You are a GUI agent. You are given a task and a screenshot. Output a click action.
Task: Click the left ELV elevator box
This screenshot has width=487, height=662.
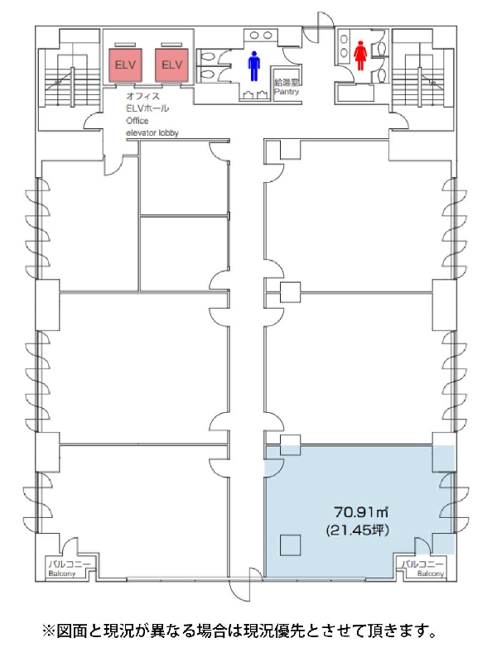tap(125, 65)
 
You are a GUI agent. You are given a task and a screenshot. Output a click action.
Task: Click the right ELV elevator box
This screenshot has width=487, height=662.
tap(171, 65)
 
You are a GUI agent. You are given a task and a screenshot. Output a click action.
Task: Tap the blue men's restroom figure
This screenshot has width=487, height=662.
tap(253, 66)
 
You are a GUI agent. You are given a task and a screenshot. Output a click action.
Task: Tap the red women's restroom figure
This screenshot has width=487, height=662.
tap(359, 55)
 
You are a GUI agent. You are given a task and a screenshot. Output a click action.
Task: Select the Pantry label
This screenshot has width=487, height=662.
tap(287, 91)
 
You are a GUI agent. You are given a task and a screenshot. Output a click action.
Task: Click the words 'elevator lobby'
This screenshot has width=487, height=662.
tap(152, 133)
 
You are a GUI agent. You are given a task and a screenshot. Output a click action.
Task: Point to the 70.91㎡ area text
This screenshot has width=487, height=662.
tap(361, 512)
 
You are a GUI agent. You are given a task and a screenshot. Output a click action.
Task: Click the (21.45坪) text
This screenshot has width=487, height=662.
tap(358, 530)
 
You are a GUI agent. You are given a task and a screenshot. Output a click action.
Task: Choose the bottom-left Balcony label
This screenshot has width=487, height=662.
tap(62, 573)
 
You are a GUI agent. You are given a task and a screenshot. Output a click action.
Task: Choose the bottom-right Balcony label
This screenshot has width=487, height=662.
tap(431, 573)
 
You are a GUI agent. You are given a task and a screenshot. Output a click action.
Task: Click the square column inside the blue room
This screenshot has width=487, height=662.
tap(290, 545)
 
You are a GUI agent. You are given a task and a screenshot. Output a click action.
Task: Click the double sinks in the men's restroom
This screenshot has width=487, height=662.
tap(261, 36)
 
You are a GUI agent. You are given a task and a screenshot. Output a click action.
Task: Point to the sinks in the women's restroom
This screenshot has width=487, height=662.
tap(344, 46)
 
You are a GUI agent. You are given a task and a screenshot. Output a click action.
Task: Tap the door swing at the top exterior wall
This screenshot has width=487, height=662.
tap(319, 26)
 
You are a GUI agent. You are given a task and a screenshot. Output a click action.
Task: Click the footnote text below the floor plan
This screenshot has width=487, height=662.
tap(239, 631)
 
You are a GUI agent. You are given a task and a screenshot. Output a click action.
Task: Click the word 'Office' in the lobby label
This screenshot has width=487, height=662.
tap(137, 121)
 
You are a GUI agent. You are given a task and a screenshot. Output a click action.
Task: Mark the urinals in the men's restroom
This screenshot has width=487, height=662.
tap(254, 95)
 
